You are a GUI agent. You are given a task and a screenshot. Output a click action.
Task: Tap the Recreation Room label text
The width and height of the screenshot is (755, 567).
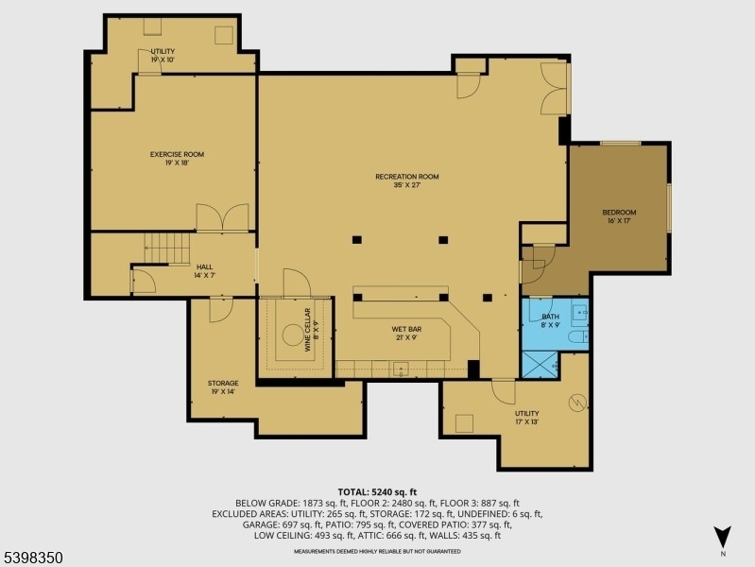click(x=407, y=177)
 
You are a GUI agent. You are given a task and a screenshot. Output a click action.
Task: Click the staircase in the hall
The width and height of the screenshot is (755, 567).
click(x=167, y=249)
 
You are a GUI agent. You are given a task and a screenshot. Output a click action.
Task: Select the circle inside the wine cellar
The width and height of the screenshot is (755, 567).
click(x=293, y=335)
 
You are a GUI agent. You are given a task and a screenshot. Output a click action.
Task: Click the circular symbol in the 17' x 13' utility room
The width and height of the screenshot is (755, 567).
click(x=577, y=403)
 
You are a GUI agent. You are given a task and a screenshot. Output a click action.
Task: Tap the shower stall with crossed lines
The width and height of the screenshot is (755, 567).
click(x=540, y=365)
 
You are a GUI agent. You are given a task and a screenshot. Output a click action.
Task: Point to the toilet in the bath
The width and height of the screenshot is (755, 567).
click(x=577, y=336)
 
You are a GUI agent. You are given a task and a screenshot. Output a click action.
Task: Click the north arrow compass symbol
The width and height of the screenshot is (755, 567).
click(x=723, y=537)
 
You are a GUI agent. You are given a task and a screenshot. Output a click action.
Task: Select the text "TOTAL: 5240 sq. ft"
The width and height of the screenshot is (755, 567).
click(x=377, y=492)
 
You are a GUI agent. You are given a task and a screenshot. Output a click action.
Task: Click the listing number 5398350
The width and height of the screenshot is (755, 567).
click(x=32, y=558)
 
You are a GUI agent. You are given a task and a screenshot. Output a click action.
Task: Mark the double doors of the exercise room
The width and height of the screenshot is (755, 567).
click(x=222, y=217)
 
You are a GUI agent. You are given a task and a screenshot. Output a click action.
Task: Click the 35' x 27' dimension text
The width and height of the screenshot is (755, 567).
click(x=407, y=185)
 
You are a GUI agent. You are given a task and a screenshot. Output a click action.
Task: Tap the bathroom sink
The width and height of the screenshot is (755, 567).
click(x=580, y=312)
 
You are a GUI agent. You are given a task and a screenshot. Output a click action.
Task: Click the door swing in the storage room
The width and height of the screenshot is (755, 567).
click(x=221, y=310)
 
